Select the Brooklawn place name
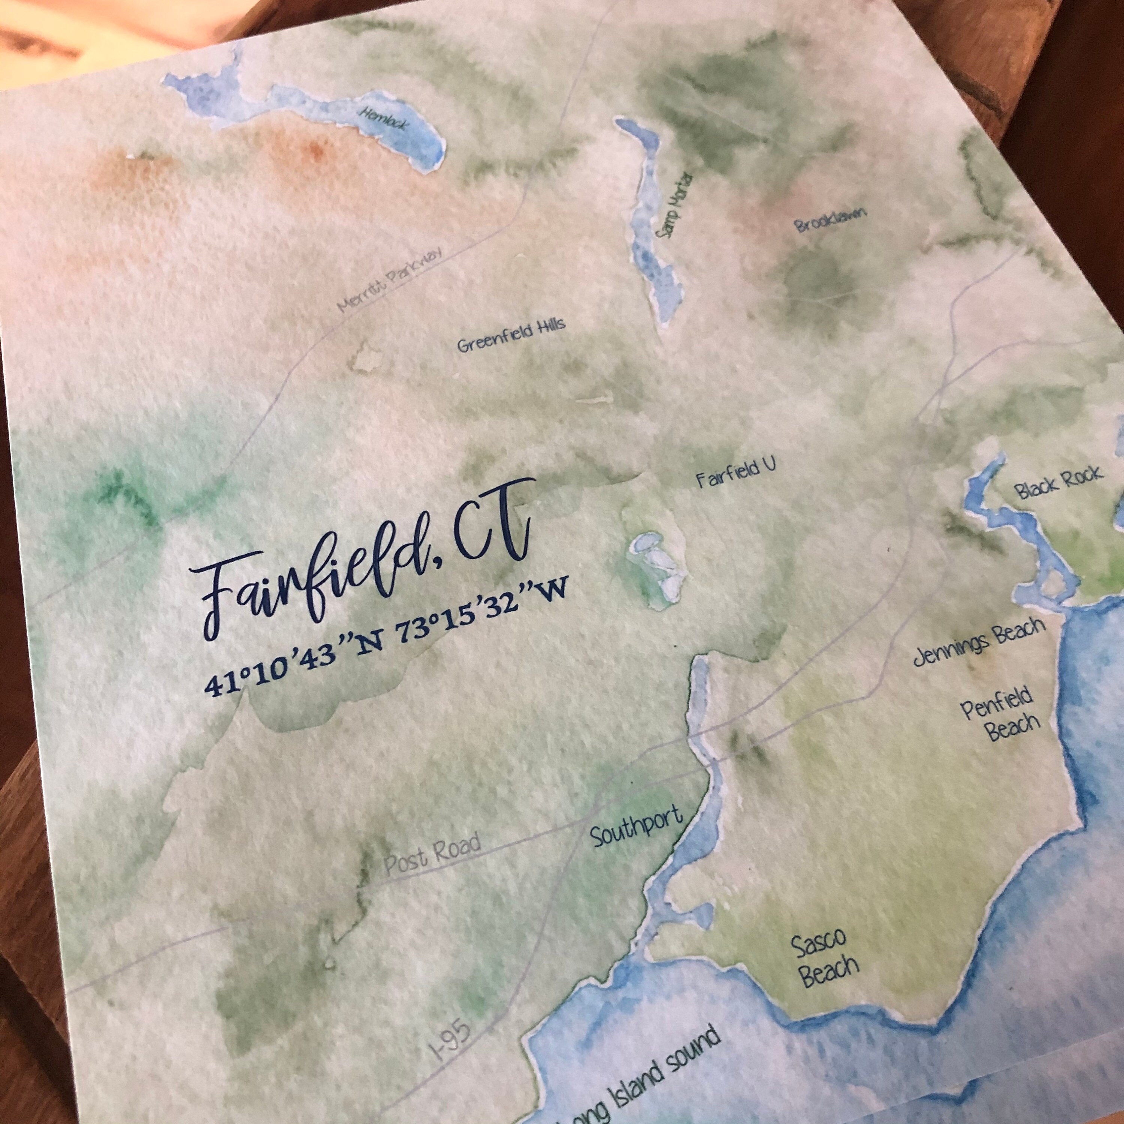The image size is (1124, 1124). coord(831,219)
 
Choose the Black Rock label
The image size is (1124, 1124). coord(1058,482)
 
